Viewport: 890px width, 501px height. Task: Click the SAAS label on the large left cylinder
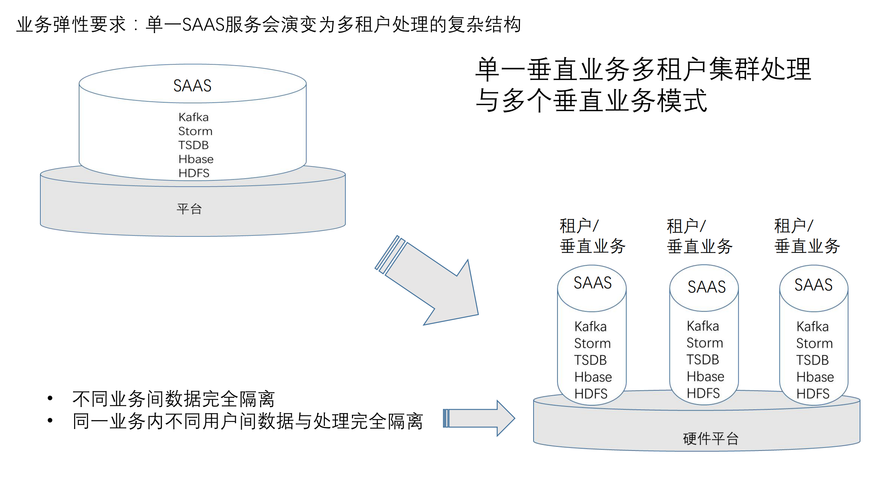[x=192, y=86]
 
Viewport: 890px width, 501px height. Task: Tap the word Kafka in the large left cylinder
[x=193, y=117]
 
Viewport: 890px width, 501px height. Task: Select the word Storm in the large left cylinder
[x=195, y=131]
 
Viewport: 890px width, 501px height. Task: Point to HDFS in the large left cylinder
[x=194, y=173]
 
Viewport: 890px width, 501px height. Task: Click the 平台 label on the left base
[x=189, y=209]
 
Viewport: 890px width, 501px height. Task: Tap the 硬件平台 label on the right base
[x=711, y=439]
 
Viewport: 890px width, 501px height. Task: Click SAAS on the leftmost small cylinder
[x=592, y=283]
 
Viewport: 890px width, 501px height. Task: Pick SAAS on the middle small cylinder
[x=706, y=287]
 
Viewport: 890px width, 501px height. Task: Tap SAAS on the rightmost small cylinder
[x=813, y=285]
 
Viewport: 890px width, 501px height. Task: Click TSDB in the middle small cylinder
[x=703, y=360]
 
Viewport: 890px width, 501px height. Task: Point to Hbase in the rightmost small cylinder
[x=815, y=377]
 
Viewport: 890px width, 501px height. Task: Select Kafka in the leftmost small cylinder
[x=590, y=327]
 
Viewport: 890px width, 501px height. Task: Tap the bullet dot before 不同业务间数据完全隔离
[x=50, y=398]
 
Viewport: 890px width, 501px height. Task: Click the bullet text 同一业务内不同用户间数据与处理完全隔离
[x=247, y=421]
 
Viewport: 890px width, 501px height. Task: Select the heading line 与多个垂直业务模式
[x=591, y=101]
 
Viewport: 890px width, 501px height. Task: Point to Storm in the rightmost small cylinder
[x=814, y=344]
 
